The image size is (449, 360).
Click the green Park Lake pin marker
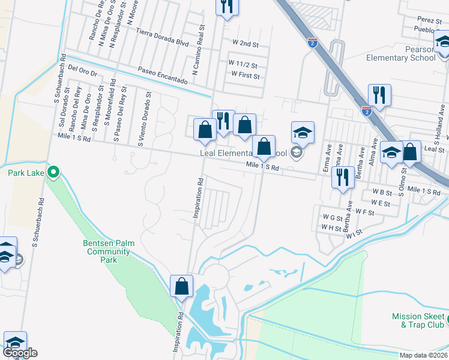click(x=53, y=173)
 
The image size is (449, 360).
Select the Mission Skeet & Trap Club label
click(x=420, y=320)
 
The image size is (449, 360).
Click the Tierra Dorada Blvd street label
click(x=161, y=37)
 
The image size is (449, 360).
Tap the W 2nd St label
click(x=245, y=44)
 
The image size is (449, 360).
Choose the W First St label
click(x=245, y=76)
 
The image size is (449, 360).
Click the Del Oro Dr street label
click(x=82, y=70)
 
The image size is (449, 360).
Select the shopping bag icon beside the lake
click(x=181, y=287)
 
